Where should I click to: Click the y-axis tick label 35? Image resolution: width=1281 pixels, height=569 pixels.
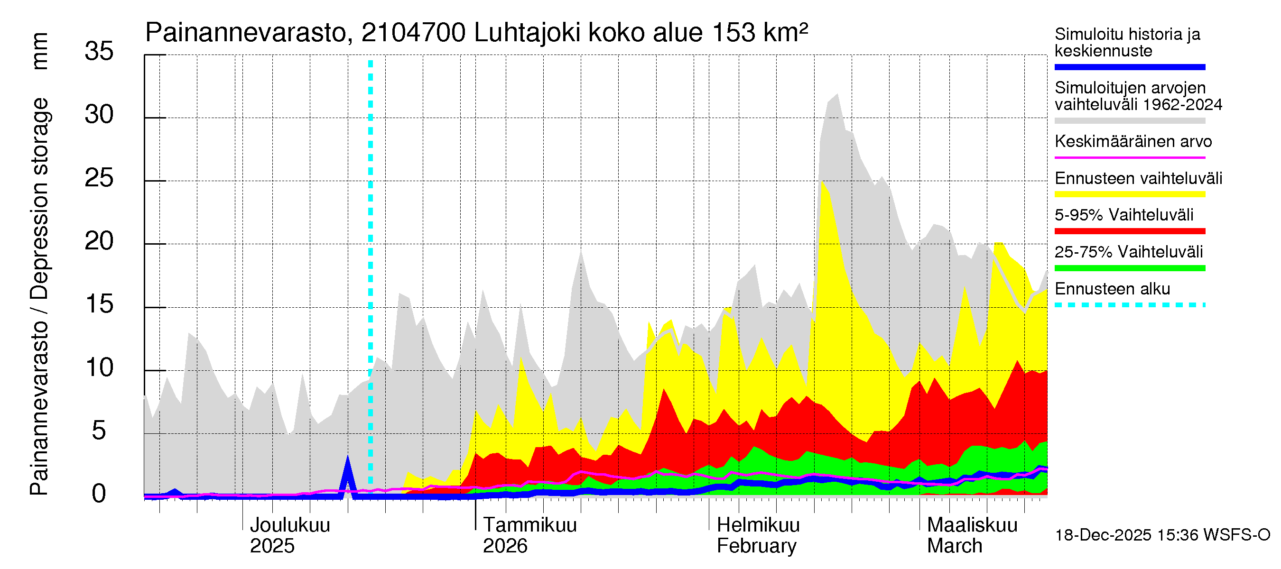pos(99,51)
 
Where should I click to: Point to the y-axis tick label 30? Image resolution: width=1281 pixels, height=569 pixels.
pos(99,115)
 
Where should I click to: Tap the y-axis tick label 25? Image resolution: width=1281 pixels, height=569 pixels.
pos(99,178)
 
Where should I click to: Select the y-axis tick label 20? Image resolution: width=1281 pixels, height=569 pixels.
pos(99,241)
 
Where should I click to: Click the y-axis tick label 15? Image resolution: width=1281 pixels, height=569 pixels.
pos(99,304)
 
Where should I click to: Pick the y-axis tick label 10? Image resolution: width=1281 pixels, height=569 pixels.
pos(99,368)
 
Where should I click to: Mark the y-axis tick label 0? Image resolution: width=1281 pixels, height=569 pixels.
pos(99,494)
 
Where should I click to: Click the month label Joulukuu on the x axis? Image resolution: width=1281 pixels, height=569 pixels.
pos(290,525)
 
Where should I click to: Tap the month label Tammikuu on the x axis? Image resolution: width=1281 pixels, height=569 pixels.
pos(529,525)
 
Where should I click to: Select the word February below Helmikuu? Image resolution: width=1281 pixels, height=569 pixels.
pos(756,546)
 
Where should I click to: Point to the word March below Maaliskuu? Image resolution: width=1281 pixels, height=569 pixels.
pos(954,546)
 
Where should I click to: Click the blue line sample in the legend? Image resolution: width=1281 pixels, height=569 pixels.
pos(1129,67)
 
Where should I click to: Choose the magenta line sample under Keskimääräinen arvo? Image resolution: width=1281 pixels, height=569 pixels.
pos(1129,157)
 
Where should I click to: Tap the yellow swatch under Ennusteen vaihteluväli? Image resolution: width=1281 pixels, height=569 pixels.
pos(1129,194)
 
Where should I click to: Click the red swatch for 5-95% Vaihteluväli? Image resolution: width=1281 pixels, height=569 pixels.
pos(1129,231)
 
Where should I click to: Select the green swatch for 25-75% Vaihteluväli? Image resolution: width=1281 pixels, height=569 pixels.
pos(1129,268)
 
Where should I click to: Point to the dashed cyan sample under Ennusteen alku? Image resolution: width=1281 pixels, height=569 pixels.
pos(1129,304)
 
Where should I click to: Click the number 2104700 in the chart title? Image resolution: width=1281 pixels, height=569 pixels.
pos(413,33)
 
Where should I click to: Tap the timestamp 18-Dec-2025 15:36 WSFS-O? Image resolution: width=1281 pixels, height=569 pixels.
pos(1162,535)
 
